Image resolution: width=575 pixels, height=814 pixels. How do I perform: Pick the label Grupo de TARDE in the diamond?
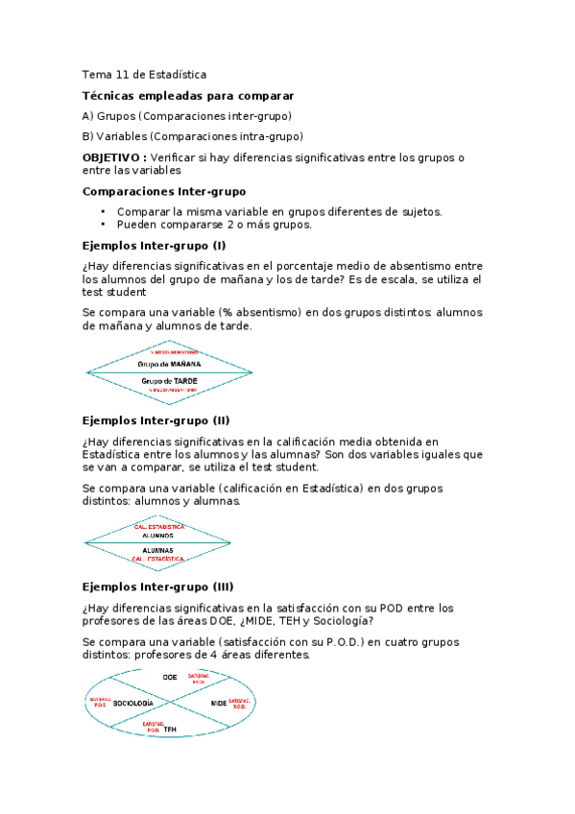[x=169, y=380]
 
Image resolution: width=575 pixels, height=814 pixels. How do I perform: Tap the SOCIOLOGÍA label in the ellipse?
[x=133, y=704]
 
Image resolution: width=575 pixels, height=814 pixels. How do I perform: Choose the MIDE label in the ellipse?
[x=218, y=704]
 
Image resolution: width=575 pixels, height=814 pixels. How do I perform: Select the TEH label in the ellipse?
[x=170, y=730]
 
